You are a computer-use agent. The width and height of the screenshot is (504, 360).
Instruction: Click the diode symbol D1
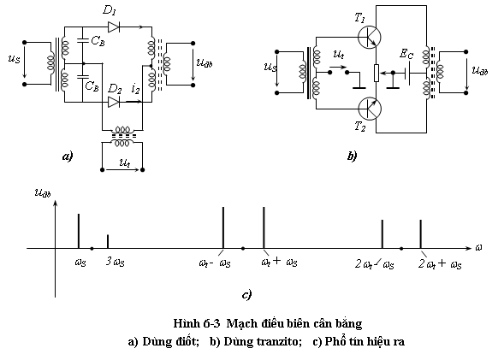pos(114,27)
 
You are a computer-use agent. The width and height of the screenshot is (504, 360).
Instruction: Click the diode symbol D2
pos(114,102)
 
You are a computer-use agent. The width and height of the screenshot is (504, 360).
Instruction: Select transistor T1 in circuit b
pos(370,37)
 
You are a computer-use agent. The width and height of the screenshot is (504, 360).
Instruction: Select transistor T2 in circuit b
pos(370,109)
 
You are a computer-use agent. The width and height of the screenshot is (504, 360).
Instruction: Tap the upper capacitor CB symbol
pos(83,40)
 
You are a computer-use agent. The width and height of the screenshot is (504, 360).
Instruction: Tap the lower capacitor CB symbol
pos(83,76)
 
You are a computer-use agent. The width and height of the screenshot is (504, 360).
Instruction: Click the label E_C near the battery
pos(406,54)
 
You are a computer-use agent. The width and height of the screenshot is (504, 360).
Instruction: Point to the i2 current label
pos(136,89)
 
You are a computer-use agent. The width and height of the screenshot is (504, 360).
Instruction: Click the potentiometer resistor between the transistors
pos(377,73)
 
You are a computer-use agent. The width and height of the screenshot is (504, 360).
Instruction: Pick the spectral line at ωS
pos(79,231)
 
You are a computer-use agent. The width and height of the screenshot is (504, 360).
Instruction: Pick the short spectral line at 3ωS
pos(108,241)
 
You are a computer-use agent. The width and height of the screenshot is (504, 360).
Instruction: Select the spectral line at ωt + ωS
pos(264,227)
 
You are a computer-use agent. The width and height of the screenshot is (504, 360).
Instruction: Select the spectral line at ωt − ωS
pos(223,227)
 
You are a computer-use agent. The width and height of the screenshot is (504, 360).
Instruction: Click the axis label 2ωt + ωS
pos(440,264)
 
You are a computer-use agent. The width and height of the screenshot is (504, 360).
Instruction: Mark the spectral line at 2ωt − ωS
pos(382,233)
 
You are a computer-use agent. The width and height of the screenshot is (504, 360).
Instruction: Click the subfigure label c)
pos(246,294)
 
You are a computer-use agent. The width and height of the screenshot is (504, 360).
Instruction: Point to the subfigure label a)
pos(68,156)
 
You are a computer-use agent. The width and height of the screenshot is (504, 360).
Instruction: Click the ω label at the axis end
pos(478,247)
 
